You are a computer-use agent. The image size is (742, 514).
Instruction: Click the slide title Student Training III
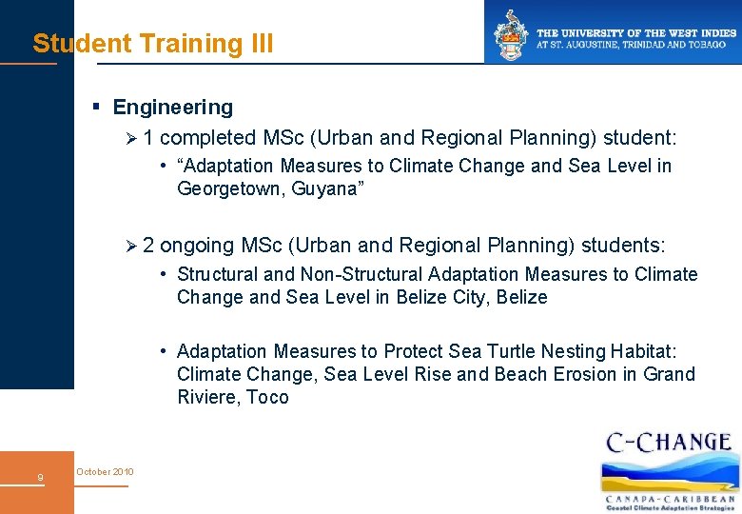click(x=153, y=44)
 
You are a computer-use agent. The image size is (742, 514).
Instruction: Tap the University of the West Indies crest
click(x=508, y=33)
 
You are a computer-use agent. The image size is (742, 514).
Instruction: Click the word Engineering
click(x=172, y=108)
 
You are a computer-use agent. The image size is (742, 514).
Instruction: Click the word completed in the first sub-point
click(x=208, y=138)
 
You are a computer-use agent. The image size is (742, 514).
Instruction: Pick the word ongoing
click(x=197, y=246)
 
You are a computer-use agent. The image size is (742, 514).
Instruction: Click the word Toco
click(x=267, y=397)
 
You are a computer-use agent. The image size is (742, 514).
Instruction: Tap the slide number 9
click(x=39, y=478)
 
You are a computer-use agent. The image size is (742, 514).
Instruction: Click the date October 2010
click(x=105, y=472)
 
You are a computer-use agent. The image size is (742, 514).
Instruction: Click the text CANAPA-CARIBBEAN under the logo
click(x=671, y=498)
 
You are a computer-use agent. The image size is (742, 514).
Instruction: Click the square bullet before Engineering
click(x=96, y=108)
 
